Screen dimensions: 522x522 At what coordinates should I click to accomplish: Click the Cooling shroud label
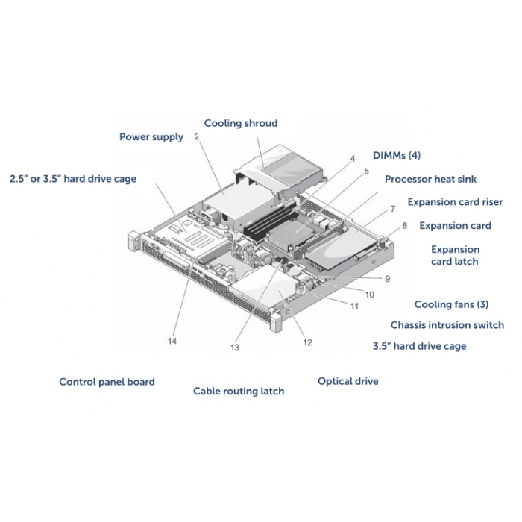tap(241, 123)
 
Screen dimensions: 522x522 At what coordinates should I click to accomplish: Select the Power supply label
tap(151, 137)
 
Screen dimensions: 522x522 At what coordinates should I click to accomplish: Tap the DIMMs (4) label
tap(397, 155)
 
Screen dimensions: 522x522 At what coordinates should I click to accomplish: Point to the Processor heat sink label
tap(430, 180)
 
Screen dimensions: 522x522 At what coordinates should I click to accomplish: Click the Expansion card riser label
tap(455, 202)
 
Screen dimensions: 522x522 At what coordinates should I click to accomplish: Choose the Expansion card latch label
tap(455, 255)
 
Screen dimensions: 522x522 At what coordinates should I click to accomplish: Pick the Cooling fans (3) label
tap(451, 304)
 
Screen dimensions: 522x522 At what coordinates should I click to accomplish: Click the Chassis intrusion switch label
tap(447, 325)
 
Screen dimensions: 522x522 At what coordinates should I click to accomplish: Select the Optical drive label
tap(348, 381)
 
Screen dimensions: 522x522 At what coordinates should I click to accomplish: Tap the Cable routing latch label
tap(239, 391)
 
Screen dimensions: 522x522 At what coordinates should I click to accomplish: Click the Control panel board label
tap(107, 382)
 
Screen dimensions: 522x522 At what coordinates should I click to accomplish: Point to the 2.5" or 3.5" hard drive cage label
tap(73, 179)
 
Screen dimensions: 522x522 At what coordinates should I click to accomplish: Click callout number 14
tap(172, 341)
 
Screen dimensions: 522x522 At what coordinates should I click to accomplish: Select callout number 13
tap(235, 348)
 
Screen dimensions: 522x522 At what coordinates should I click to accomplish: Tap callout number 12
tap(307, 342)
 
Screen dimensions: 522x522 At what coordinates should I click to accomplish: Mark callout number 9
tap(387, 279)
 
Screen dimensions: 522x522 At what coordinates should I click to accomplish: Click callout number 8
tap(404, 226)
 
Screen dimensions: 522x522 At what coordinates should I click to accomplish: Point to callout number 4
tap(353, 158)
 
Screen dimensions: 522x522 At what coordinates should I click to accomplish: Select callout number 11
tap(354, 306)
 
